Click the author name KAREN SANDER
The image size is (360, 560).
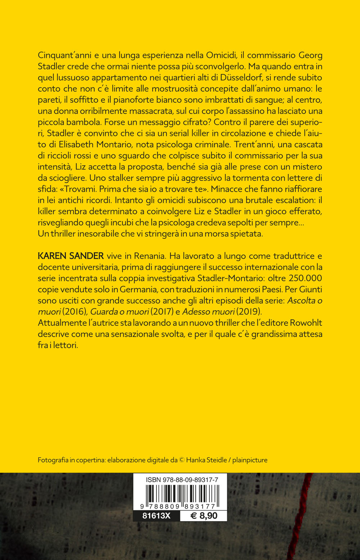[x=71, y=256]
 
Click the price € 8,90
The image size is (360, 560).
[x=204, y=516]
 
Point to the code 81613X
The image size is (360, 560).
[x=156, y=516]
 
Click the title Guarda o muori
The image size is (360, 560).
[x=119, y=312]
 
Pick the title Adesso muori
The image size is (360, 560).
[x=208, y=312]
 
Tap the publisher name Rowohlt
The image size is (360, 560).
[x=306, y=323]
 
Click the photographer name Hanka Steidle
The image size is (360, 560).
[x=207, y=460]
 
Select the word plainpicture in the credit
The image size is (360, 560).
[x=250, y=460]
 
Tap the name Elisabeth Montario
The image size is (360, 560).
[x=89, y=144]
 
